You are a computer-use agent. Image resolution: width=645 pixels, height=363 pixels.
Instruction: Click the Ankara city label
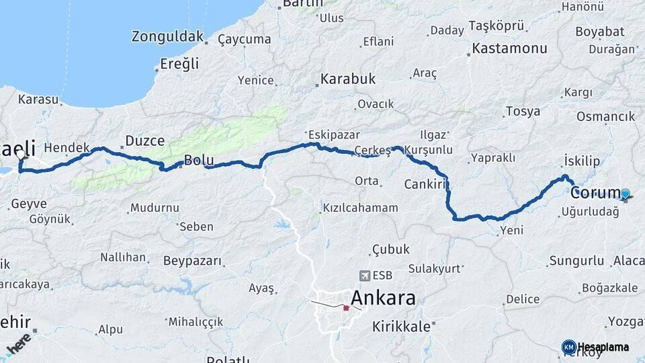coord(383,298)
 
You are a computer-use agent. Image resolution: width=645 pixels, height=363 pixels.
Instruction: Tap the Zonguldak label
coord(167,36)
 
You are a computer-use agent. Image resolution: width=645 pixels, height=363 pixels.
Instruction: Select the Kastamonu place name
coord(509,48)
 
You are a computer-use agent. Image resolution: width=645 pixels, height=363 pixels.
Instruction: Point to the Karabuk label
coord(347,79)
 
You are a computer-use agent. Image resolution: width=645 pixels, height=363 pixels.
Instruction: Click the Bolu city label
coord(199,160)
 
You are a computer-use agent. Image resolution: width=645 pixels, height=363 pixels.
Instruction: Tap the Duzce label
coord(144,140)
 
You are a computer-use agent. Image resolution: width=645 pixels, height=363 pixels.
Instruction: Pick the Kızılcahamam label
coord(360,208)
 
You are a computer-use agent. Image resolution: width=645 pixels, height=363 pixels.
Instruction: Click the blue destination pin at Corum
coord(625,194)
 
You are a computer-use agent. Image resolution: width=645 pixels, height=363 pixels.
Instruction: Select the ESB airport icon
coord(365,275)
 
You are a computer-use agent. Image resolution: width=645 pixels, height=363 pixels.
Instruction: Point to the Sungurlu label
coord(576,260)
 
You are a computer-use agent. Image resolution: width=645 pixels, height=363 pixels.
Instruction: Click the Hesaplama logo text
coord(603,348)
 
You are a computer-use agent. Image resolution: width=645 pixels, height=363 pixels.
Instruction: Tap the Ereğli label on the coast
coord(179,64)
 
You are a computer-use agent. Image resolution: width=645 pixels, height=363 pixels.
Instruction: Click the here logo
coord(18,343)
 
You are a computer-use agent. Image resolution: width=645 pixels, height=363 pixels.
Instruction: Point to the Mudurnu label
coord(155,208)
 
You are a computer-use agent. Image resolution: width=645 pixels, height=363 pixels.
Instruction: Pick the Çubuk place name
coord(390,249)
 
